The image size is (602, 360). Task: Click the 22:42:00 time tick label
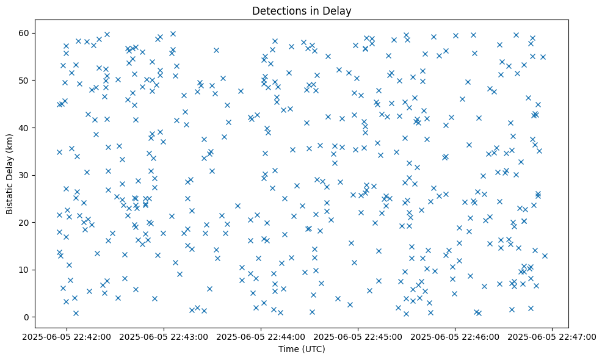[x=67, y=336]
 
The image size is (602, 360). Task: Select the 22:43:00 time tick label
[x=164, y=336]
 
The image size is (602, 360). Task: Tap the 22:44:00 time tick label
[x=261, y=336]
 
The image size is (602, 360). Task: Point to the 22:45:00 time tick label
[x=358, y=336]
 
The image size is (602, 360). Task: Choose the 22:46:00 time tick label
[x=455, y=336]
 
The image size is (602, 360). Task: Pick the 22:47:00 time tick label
[x=552, y=336]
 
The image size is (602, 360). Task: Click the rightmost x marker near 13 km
[x=545, y=256]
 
